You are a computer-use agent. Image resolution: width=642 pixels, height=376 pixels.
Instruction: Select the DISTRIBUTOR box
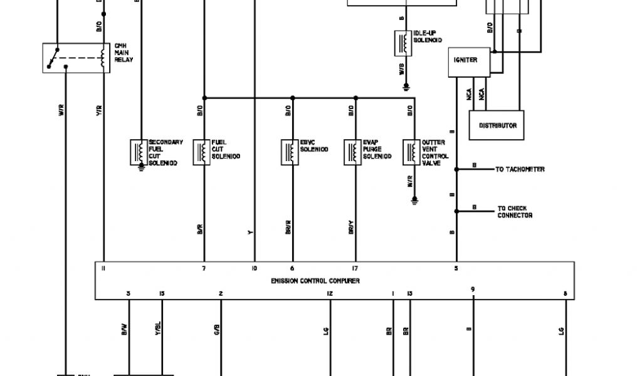tap(497, 125)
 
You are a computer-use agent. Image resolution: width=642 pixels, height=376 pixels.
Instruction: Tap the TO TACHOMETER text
tap(520, 169)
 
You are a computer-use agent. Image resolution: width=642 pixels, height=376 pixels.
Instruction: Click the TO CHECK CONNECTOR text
tap(515, 212)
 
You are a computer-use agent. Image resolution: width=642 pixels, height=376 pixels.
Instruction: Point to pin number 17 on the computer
tap(355, 268)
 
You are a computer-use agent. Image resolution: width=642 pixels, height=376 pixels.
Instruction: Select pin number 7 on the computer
tap(204, 268)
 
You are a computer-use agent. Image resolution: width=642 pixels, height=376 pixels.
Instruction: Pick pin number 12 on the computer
tap(330, 293)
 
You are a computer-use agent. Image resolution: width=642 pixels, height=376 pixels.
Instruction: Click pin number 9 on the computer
tap(473, 289)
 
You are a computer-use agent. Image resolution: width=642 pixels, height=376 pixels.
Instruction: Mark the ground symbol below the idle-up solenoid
tap(406, 86)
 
